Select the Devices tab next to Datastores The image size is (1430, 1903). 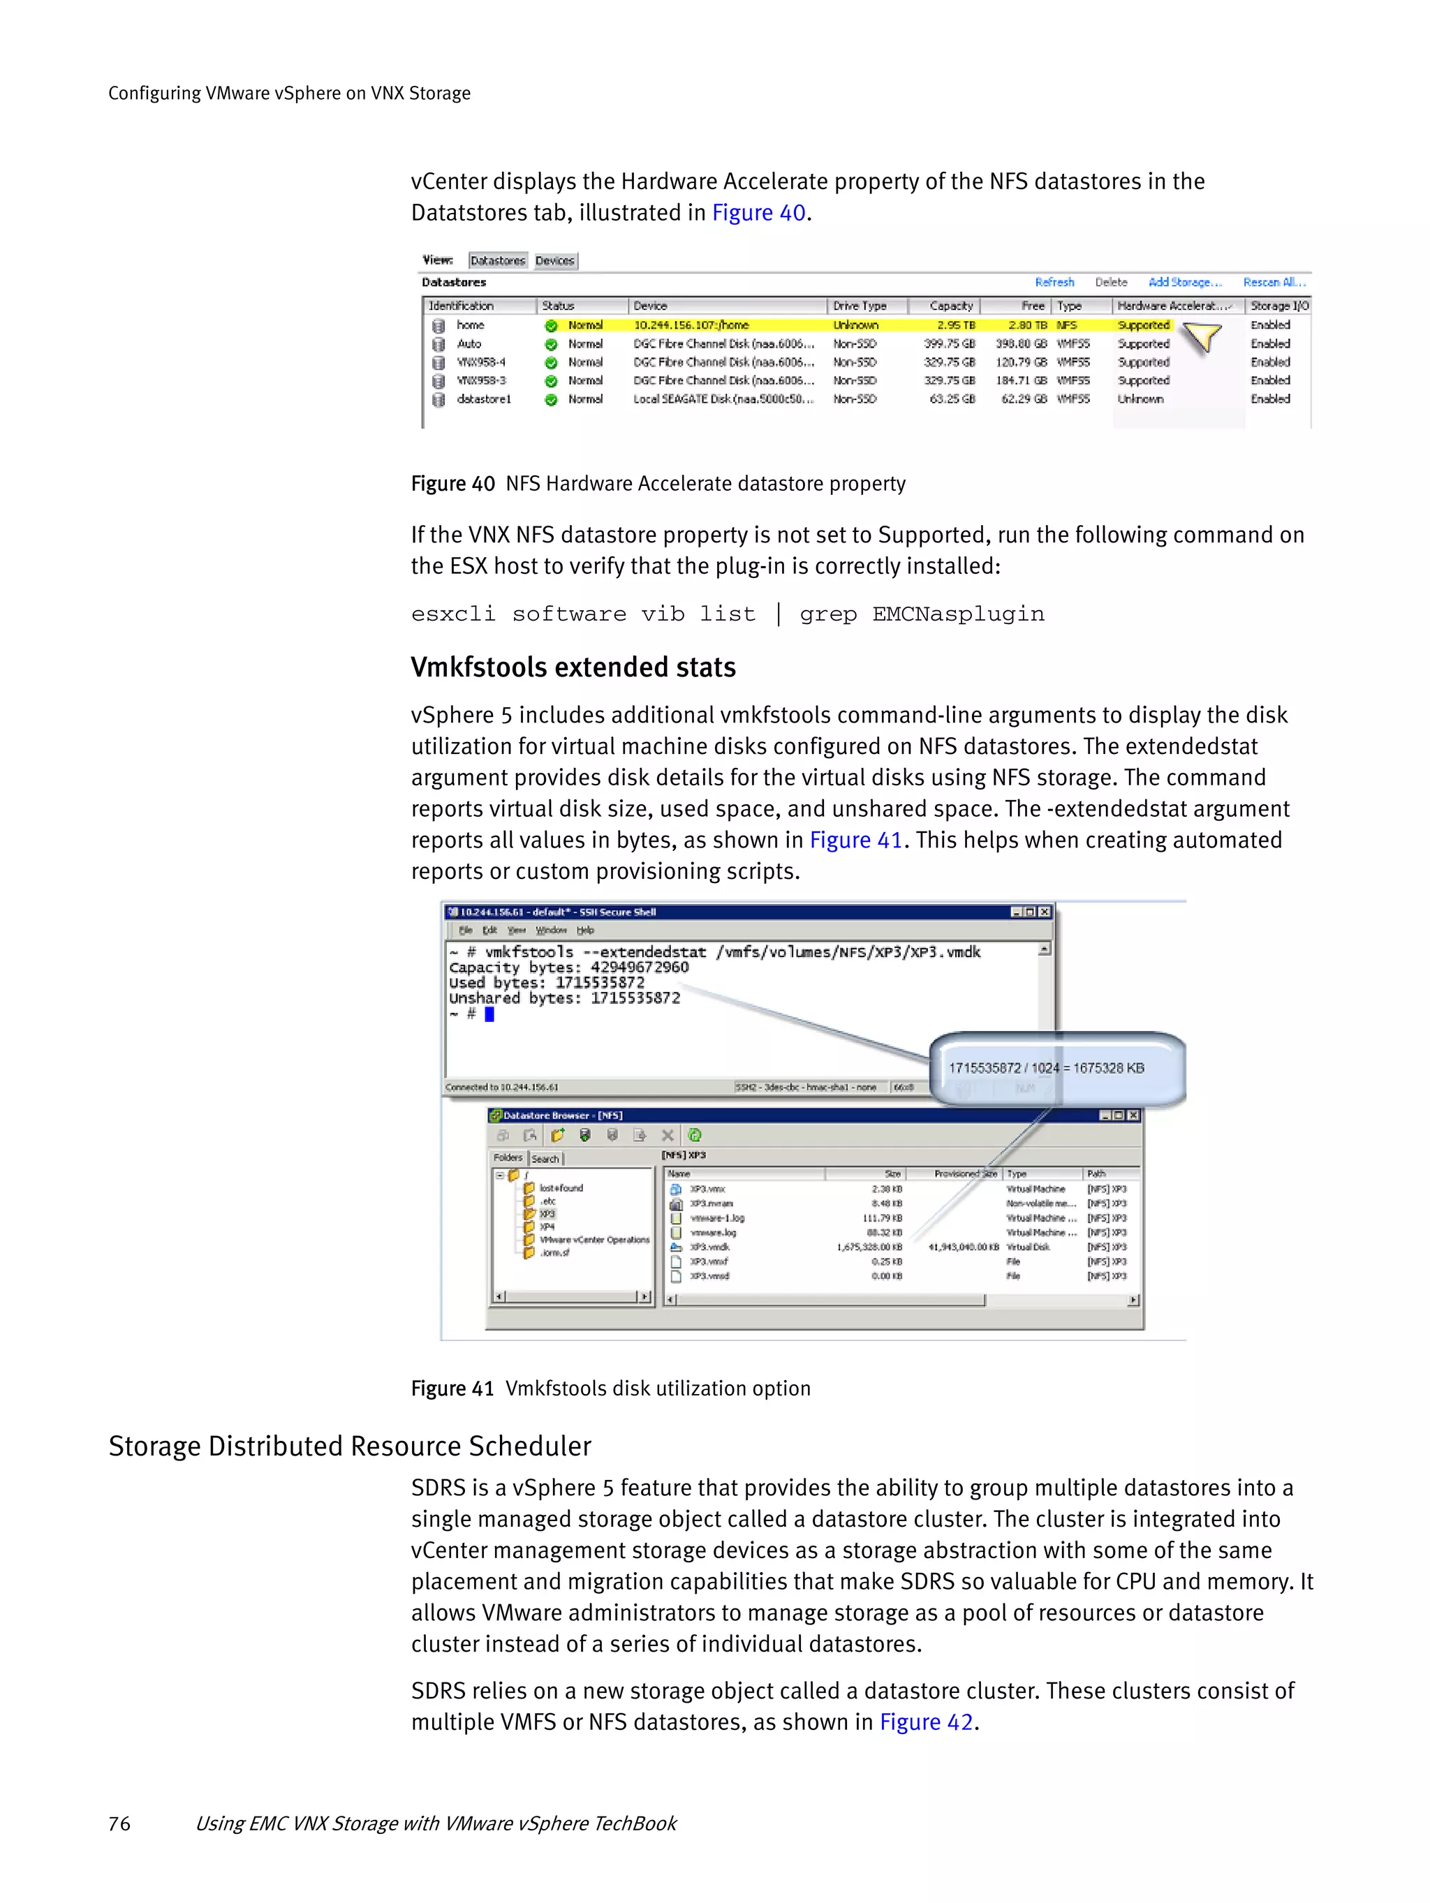pyautogui.click(x=554, y=260)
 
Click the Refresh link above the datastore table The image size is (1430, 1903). pyautogui.click(x=1054, y=282)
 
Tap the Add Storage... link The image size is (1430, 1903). pyautogui.click(x=1184, y=282)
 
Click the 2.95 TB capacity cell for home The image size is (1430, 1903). pyautogui.click(x=955, y=325)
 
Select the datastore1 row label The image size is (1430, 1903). pyautogui.click(x=484, y=399)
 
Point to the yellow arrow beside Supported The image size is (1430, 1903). pyautogui.click(x=1203, y=336)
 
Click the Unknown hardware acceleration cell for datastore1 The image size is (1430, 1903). pyautogui.click(x=1140, y=399)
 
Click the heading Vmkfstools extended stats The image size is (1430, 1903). pyautogui.click(x=573, y=667)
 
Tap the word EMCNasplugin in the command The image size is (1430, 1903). pyautogui.click(x=957, y=614)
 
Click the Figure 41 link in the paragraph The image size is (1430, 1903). pyautogui.click(x=855, y=841)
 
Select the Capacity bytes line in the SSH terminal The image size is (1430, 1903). pyautogui.click(x=569, y=967)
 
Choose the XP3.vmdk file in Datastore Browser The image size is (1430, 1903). pyautogui.click(x=710, y=1247)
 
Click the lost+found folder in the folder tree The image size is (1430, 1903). pyautogui.click(x=560, y=1188)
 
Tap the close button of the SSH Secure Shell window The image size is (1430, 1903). pyautogui.click(x=1045, y=912)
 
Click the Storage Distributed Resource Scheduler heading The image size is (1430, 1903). pyautogui.click(x=349, y=1446)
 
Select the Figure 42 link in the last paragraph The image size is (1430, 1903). pyautogui.click(x=925, y=1722)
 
